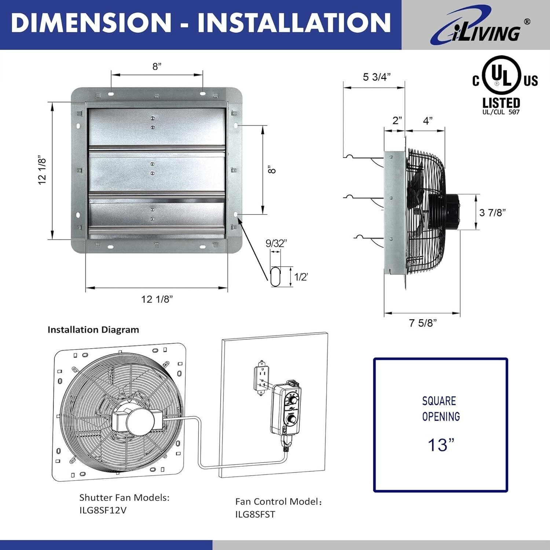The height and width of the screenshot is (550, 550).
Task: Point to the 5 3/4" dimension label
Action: [x=377, y=77]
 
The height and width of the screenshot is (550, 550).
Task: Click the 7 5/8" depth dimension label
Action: [x=423, y=323]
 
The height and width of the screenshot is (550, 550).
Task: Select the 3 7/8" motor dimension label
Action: [x=492, y=212]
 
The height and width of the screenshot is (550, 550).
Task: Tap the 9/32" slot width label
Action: [x=276, y=243]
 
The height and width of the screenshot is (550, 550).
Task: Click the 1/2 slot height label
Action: [x=301, y=277]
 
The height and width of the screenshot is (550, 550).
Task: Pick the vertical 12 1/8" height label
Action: [x=43, y=170]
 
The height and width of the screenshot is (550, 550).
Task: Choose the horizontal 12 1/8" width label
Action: [x=157, y=299]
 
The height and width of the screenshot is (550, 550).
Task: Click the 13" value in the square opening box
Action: [x=441, y=445]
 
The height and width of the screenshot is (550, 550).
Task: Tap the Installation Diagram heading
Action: [x=93, y=330]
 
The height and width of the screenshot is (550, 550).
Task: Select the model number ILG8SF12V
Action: [x=103, y=510]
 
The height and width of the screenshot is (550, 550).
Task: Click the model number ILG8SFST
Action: [x=255, y=514]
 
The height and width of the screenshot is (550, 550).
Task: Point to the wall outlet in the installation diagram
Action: [x=261, y=378]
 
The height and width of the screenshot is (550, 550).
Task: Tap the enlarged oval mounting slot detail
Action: [x=275, y=276]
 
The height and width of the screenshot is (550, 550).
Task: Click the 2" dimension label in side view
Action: [x=397, y=121]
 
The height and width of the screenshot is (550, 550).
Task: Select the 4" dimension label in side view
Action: [x=428, y=121]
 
